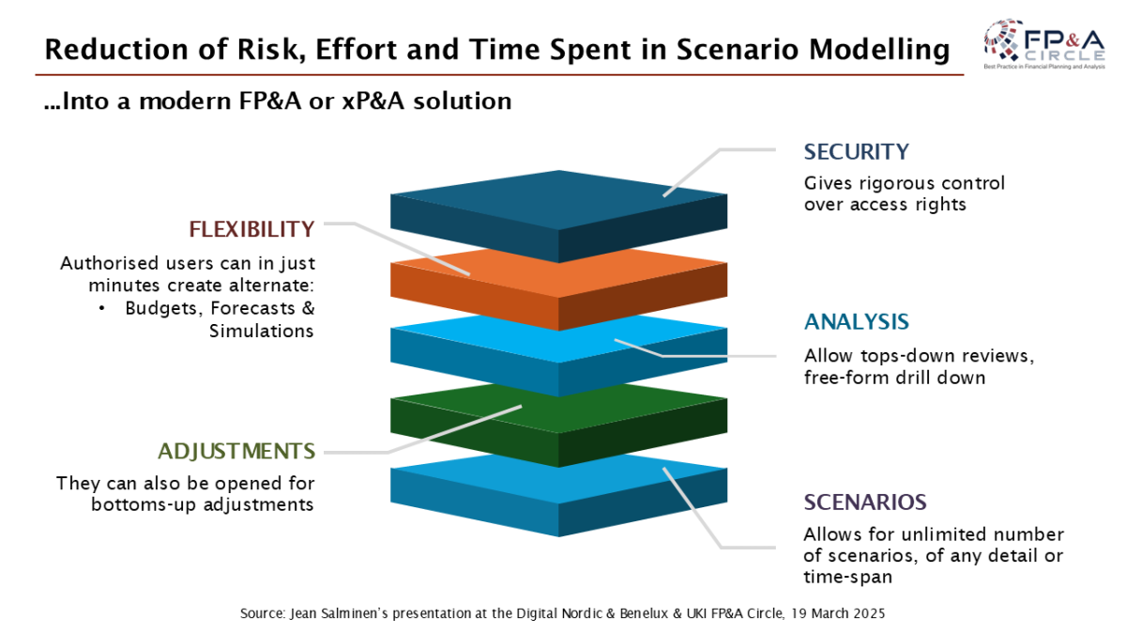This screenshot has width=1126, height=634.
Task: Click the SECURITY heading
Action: click(856, 152)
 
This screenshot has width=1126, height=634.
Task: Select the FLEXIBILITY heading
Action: click(251, 229)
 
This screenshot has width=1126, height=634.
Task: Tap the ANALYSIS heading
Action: click(857, 322)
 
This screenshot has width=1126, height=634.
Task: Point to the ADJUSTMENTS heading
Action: click(236, 452)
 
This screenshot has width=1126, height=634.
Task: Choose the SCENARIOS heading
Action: click(865, 503)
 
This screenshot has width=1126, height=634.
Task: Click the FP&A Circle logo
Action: click(1044, 44)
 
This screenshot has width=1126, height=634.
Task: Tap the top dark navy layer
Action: click(559, 216)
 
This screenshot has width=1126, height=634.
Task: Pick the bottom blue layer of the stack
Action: click(559, 495)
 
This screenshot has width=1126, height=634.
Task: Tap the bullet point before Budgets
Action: click(102, 308)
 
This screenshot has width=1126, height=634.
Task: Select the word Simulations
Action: click(262, 331)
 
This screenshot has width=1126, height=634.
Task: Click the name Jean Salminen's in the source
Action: click(340, 614)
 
